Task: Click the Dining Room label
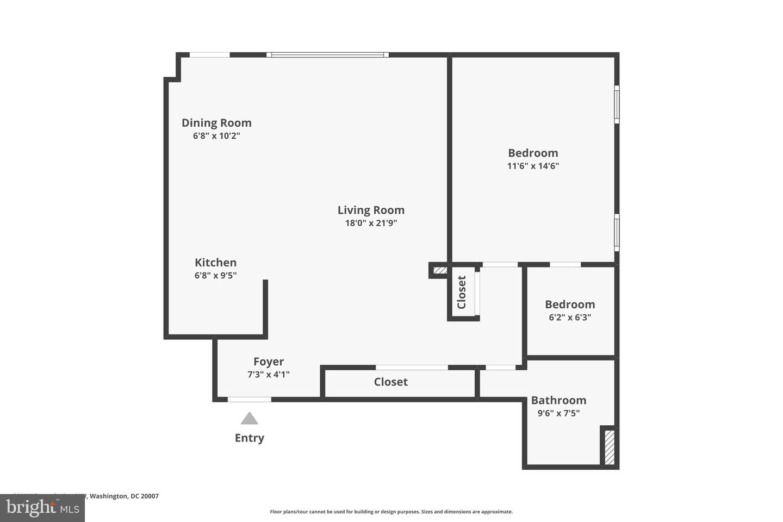coord(216,123)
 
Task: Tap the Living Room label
coord(371,210)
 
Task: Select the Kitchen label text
coord(215,263)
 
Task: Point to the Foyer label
coord(269,362)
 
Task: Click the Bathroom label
coord(558,400)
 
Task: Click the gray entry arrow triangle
coord(250,419)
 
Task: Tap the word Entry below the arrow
coord(250,438)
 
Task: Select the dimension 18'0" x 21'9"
coord(371,223)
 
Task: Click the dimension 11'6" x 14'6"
coord(533,166)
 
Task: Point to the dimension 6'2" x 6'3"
coord(570,318)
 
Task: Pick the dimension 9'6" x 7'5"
coord(558,413)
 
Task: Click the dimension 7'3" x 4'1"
coord(269,375)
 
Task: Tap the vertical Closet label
coord(462,292)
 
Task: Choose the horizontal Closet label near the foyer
coord(390,382)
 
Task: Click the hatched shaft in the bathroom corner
coord(610,447)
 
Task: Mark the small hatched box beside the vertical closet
coord(440,270)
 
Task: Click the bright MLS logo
coord(42,508)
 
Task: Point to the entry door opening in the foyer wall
coord(249,400)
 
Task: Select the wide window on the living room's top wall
coord(327,55)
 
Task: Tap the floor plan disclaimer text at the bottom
coord(391,512)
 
